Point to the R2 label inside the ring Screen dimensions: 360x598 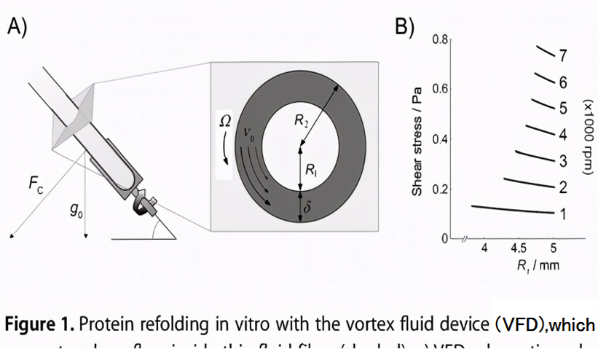point(302,121)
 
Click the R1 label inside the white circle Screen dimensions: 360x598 point(311,172)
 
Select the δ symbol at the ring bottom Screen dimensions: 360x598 point(307,209)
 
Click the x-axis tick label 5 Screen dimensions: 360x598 point(554,249)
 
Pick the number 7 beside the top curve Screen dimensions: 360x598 point(562,55)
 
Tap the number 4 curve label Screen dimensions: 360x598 point(562,135)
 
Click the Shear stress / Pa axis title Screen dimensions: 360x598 point(417,142)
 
